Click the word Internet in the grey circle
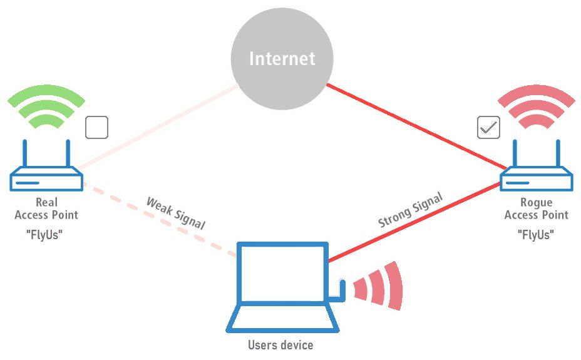coord(282,59)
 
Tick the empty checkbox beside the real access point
coord(96,127)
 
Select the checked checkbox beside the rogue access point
coord(489,127)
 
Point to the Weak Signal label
coord(176,213)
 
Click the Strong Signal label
coord(410,210)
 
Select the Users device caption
coord(280,345)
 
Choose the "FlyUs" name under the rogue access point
coord(536,235)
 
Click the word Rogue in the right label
coord(537,203)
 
